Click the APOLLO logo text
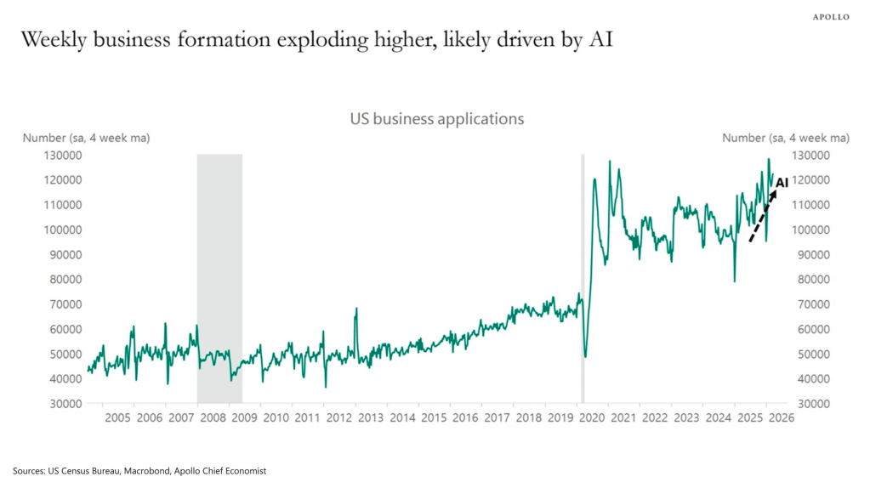830,17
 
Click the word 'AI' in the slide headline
600,41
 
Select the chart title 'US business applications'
436,119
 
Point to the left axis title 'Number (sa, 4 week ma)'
86,138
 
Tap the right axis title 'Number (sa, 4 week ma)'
785,138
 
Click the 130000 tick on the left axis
63,156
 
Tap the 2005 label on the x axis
117,418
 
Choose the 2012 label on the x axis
338,418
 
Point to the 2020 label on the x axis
592,418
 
